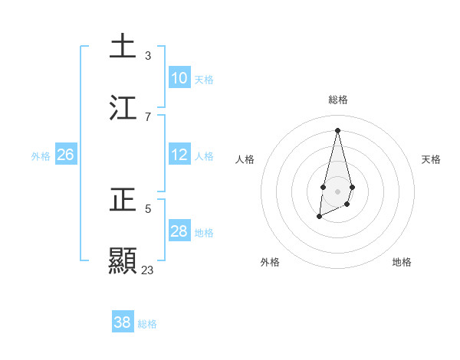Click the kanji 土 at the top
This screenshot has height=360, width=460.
point(123,46)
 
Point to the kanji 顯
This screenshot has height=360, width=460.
point(123,260)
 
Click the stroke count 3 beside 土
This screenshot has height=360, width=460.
point(148,56)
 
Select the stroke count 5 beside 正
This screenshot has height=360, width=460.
point(148,208)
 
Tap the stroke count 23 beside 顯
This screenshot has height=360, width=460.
point(148,270)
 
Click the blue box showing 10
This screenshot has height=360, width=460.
point(179,78)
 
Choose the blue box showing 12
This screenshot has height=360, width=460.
point(179,155)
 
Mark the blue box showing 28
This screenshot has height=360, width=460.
point(179,231)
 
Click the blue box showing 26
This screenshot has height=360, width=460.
point(65,155)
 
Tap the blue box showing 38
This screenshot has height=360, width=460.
point(122,322)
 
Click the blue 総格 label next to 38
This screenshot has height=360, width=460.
point(147,324)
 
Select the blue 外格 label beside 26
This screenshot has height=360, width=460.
point(41,156)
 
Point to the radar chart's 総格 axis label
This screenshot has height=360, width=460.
point(338,100)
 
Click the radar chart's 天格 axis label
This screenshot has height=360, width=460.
point(431,159)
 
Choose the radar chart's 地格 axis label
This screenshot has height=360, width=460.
point(402,262)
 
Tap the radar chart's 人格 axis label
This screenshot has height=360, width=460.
point(245,159)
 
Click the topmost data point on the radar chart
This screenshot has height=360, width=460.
point(337,129)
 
